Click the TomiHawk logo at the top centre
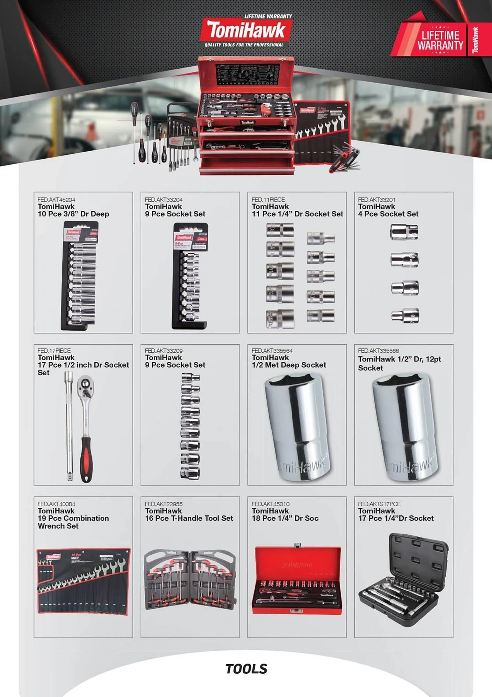[x=246, y=31]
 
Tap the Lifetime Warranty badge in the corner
[x=441, y=39]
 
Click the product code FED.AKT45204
[x=56, y=200]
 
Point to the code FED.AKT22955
[x=164, y=504]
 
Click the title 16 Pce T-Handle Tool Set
[x=189, y=518]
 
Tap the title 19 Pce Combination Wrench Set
[x=73, y=522]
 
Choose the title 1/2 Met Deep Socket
[x=289, y=365]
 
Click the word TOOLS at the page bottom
[x=246, y=669]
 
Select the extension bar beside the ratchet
[x=69, y=425]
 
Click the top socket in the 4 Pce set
[x=404, y=232]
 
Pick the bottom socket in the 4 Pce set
[x=405, y=316]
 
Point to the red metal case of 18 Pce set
[x=297, y=580]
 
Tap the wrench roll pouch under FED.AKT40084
[x=83, y=581]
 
